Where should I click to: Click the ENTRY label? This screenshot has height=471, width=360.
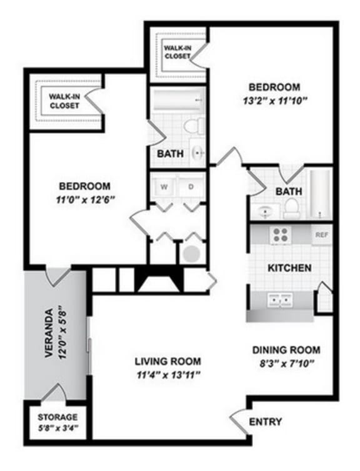(x=265, y=421)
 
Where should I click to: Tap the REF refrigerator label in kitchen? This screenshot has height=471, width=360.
(x=322, y=235)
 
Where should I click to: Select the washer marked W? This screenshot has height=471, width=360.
(x=164, y=186)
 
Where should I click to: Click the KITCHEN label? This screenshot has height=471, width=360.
(x=289, y=268)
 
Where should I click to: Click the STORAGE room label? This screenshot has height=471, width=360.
(x=57, y=417)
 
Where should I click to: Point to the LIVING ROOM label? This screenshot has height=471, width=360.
(x=168, y=361)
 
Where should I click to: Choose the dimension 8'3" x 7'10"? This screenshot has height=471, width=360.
(x=286, y=362)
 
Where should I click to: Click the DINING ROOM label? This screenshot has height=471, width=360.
(x=286, y=350)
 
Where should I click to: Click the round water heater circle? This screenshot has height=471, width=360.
(x=191, y=254)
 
